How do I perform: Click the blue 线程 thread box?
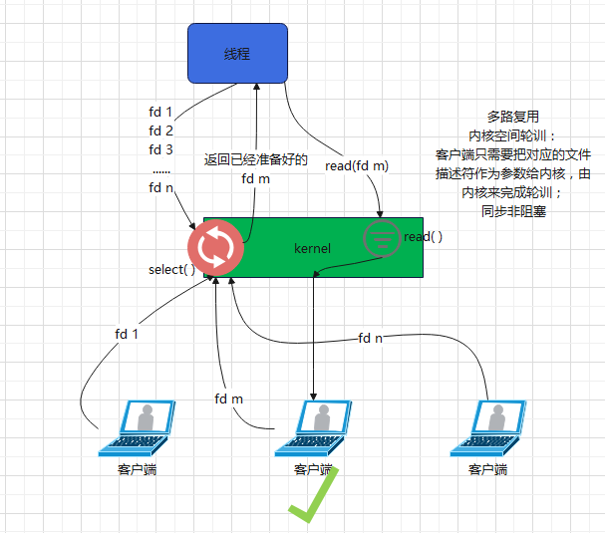237,53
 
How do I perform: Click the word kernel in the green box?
312,246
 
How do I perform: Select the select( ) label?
171,270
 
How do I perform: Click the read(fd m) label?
357,165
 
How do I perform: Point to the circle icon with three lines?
382,238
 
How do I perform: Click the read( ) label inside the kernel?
423,237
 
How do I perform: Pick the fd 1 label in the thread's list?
160,112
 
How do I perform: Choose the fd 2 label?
160,131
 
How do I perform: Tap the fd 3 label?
160,149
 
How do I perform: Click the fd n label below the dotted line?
160,186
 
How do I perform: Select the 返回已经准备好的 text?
255,159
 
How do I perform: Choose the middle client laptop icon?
314,428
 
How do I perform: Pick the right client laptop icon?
488,428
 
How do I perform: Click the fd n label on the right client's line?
371,339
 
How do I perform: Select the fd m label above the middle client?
229,399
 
